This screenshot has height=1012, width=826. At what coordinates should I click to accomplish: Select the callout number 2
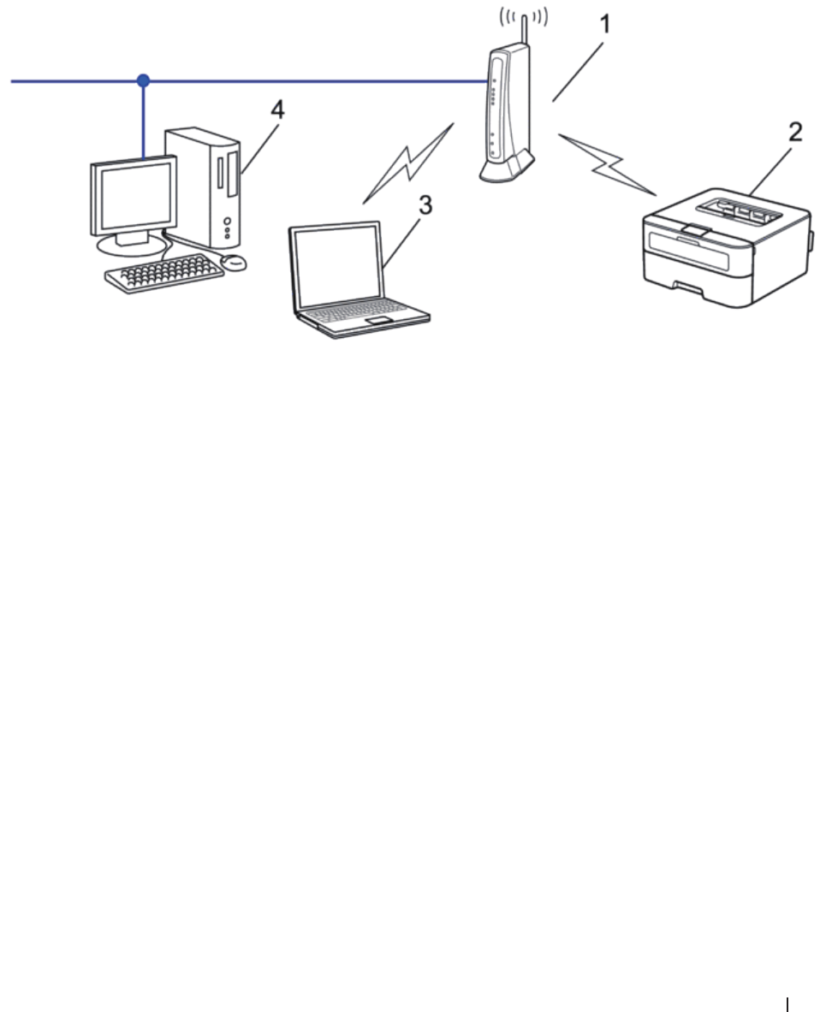tap(795, 133)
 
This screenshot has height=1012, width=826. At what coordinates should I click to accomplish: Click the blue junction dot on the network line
tap(144, 81)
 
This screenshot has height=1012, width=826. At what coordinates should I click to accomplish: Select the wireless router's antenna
tap(524, 30)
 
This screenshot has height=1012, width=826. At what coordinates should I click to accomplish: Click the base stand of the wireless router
tap(506, 170)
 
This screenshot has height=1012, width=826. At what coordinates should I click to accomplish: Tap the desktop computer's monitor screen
tap(132, 197)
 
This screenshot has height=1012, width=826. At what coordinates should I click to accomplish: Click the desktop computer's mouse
tap(233, 261)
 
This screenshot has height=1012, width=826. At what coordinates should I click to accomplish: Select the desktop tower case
tap(205, 184)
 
